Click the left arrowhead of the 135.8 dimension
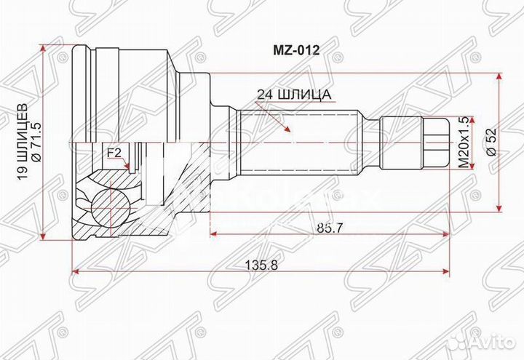[x=74, y=273]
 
